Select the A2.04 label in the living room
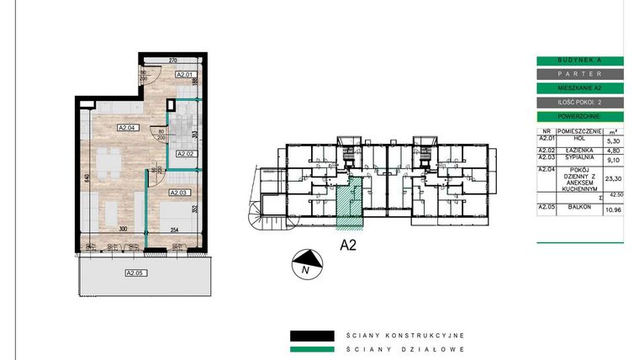point(127,128)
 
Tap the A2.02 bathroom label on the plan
point(184,154)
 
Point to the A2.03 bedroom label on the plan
point(179,193)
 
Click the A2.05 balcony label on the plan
point(135,273)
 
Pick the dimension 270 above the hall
point(172,61)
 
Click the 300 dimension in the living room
point(124,228)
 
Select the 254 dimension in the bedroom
point(175,228)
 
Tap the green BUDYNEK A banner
point(579,61)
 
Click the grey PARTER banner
point(579,74)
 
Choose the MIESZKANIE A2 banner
point(579,87)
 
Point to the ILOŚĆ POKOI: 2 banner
point(579,102)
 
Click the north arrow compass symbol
point(306,263)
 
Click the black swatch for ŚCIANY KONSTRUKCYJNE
point(314,333)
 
